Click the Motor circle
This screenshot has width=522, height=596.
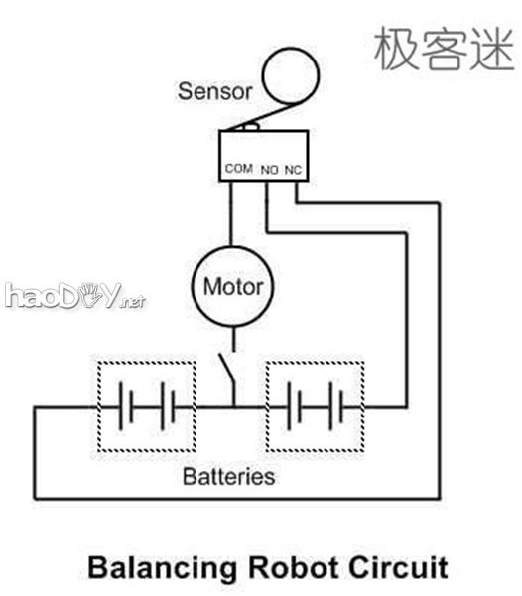[x=233, y=288]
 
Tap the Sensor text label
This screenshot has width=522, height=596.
[x=215, y=92]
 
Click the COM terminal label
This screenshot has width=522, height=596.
[x=239, y=169]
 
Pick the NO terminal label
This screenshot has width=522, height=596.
[x=270, y=170]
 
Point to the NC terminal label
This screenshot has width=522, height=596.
[x=293, y=170]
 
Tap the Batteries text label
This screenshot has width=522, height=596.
[x=228, y=476]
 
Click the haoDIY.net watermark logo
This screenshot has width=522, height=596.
[x=74, y=296]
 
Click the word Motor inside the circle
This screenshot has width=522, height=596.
[x=233, y=288]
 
